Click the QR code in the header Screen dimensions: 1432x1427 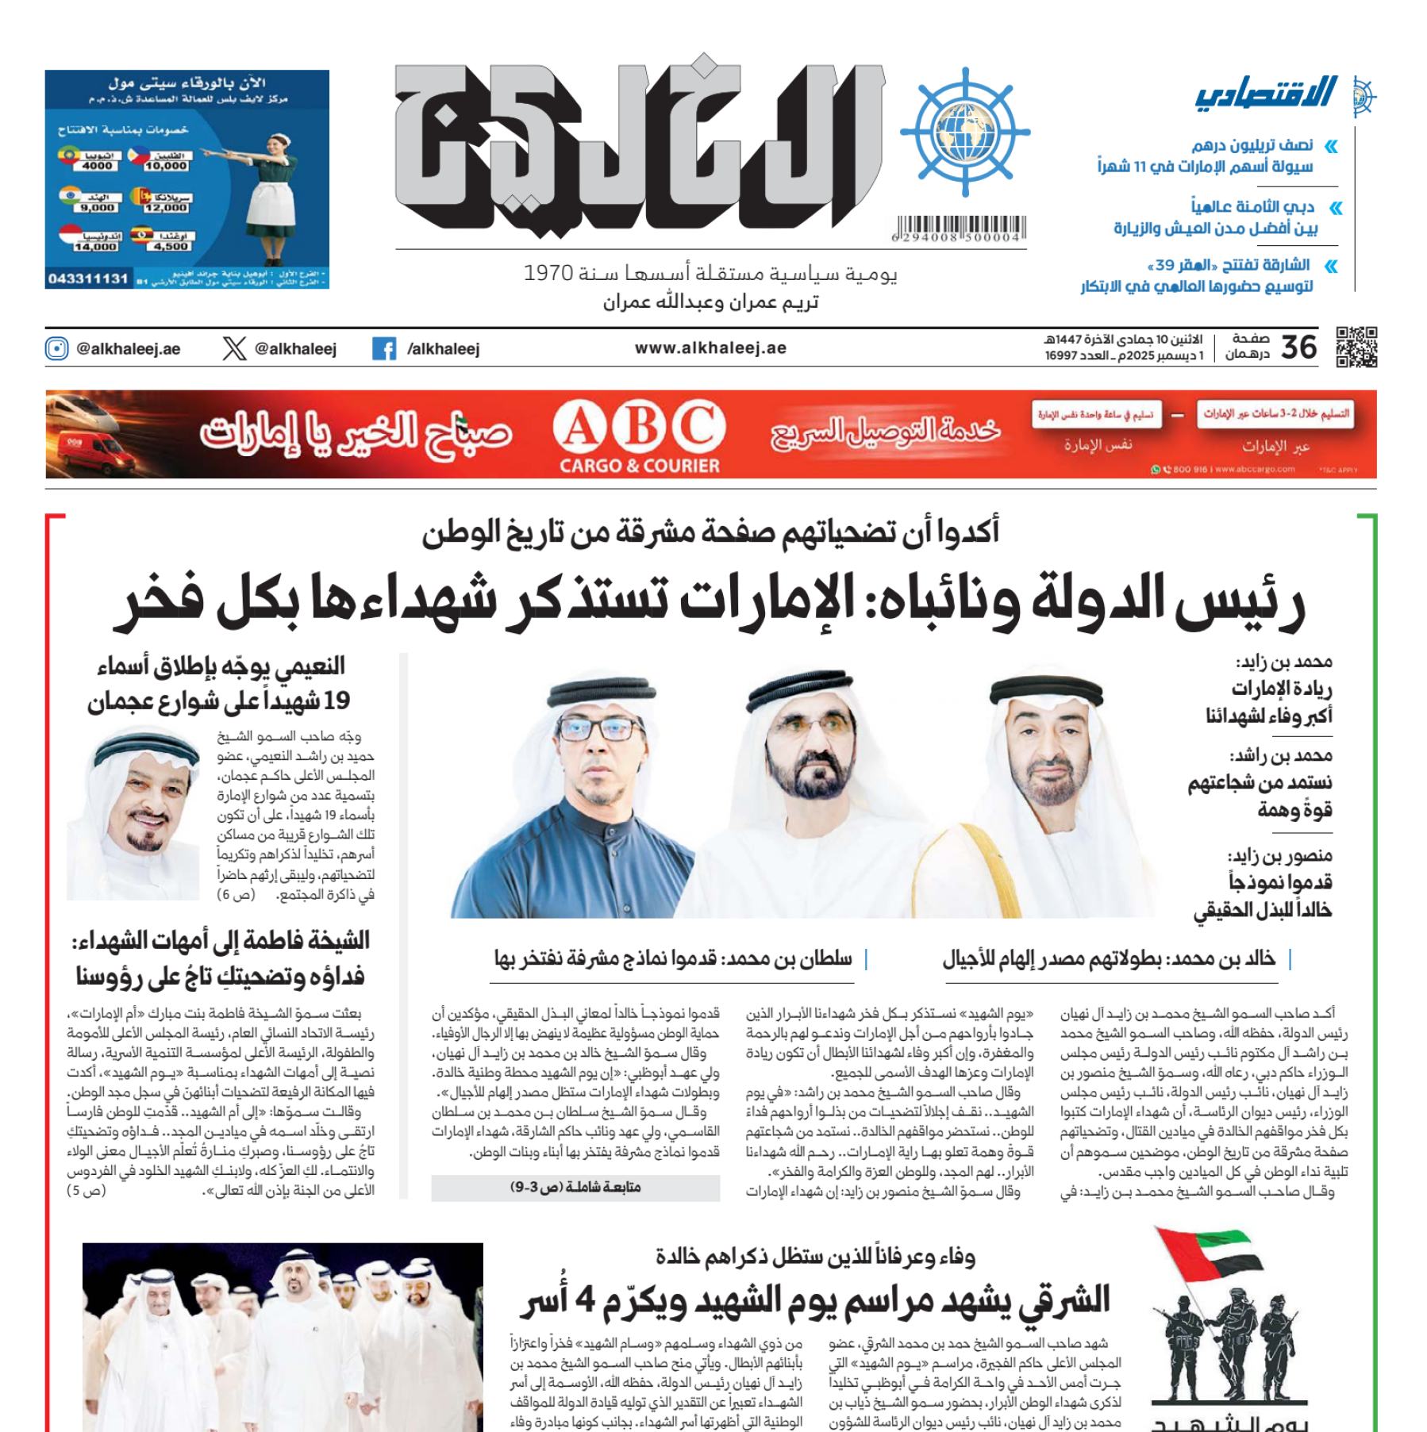tap(1356, 347)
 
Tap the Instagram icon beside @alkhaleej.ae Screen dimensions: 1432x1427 tap(57, 348)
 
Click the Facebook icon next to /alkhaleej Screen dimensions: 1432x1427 tap(384, 348)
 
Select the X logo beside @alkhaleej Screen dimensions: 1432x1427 tap(234, 348)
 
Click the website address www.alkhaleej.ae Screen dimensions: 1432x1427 tap(710, 348)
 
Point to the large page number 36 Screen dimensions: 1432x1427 tap(1299, 347)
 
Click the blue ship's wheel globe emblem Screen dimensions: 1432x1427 tap(965, 132)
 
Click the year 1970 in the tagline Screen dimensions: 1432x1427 tap(548, 274)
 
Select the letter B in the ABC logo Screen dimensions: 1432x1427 tap(640, 428)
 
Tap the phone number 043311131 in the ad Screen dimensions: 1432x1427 tap(88, 278)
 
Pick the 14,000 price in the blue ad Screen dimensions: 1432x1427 tap(95, 247)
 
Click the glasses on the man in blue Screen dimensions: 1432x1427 tap(601, 728)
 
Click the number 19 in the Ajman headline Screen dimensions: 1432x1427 tap(337, 701)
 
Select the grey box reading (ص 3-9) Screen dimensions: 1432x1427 tap(575, 1188)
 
